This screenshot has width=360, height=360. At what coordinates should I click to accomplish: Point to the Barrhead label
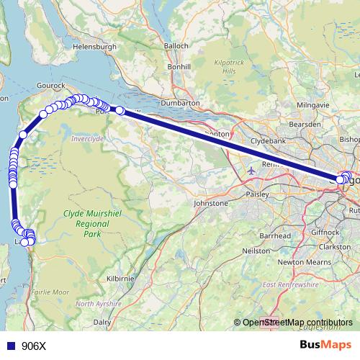pos(276,235)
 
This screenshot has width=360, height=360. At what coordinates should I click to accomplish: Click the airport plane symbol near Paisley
pos(251,171)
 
